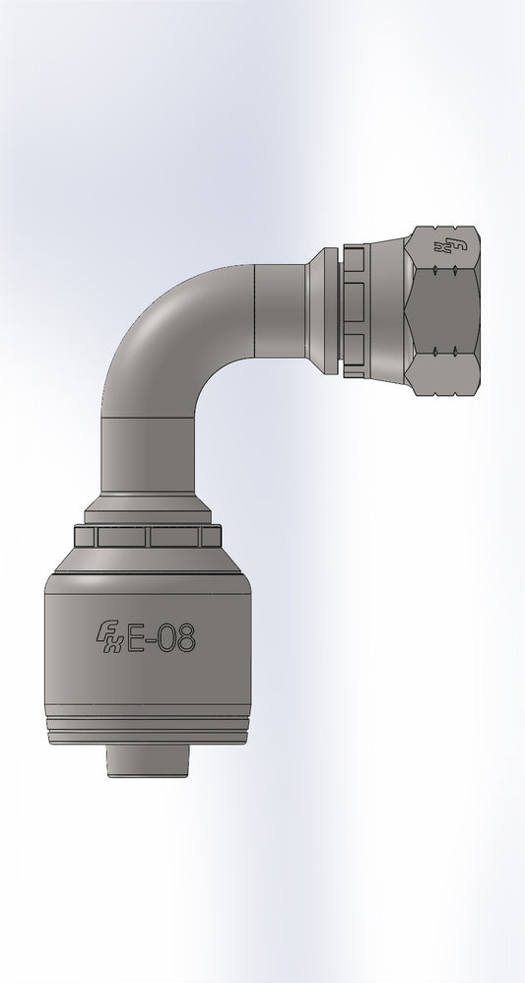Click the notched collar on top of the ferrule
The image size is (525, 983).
[x=148, y=537]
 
